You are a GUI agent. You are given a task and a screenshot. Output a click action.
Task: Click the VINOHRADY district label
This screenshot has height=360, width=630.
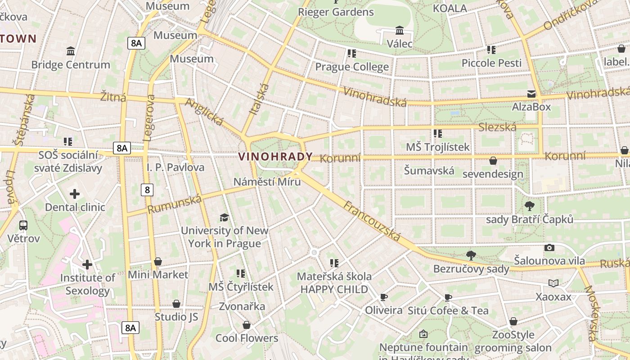(x=275, y=157)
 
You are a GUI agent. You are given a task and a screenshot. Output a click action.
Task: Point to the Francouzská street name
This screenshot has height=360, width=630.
(x=372, y=220)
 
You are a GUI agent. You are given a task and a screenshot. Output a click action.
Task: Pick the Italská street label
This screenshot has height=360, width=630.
(x=259, y=99)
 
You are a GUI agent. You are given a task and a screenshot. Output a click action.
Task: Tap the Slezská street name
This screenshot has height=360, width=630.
(x=497, y=127)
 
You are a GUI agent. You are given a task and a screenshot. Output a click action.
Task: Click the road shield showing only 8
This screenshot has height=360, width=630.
(x=147, y=190)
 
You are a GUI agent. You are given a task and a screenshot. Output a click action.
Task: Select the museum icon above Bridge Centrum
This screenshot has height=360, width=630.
(x=71, y=51)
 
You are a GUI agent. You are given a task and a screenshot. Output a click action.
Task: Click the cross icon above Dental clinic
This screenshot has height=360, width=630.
(x=75, y=194)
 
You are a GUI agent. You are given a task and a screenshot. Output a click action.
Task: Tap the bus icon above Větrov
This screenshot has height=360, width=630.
(x=23, y=225)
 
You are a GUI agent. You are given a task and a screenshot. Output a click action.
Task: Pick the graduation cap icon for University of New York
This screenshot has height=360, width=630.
(x=224, y=218)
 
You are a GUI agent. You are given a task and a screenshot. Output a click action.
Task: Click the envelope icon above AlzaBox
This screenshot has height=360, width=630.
(x=531, y=94)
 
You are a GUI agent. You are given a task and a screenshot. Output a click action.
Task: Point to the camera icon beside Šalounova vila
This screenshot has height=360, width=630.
(x=549, y=247)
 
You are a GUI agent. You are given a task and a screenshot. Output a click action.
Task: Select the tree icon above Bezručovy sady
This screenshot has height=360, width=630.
(x=471, y=256)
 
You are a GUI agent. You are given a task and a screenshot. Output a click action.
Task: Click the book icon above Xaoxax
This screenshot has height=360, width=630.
(x=553, y=283)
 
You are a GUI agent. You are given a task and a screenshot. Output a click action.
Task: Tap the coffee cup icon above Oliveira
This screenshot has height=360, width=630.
(x=383, y=297)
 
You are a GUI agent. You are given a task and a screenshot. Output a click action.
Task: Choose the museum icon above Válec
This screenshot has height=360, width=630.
(x=399, y=31)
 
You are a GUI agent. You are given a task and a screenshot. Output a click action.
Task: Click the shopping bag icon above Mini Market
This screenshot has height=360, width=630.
(x=158, y=261)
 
